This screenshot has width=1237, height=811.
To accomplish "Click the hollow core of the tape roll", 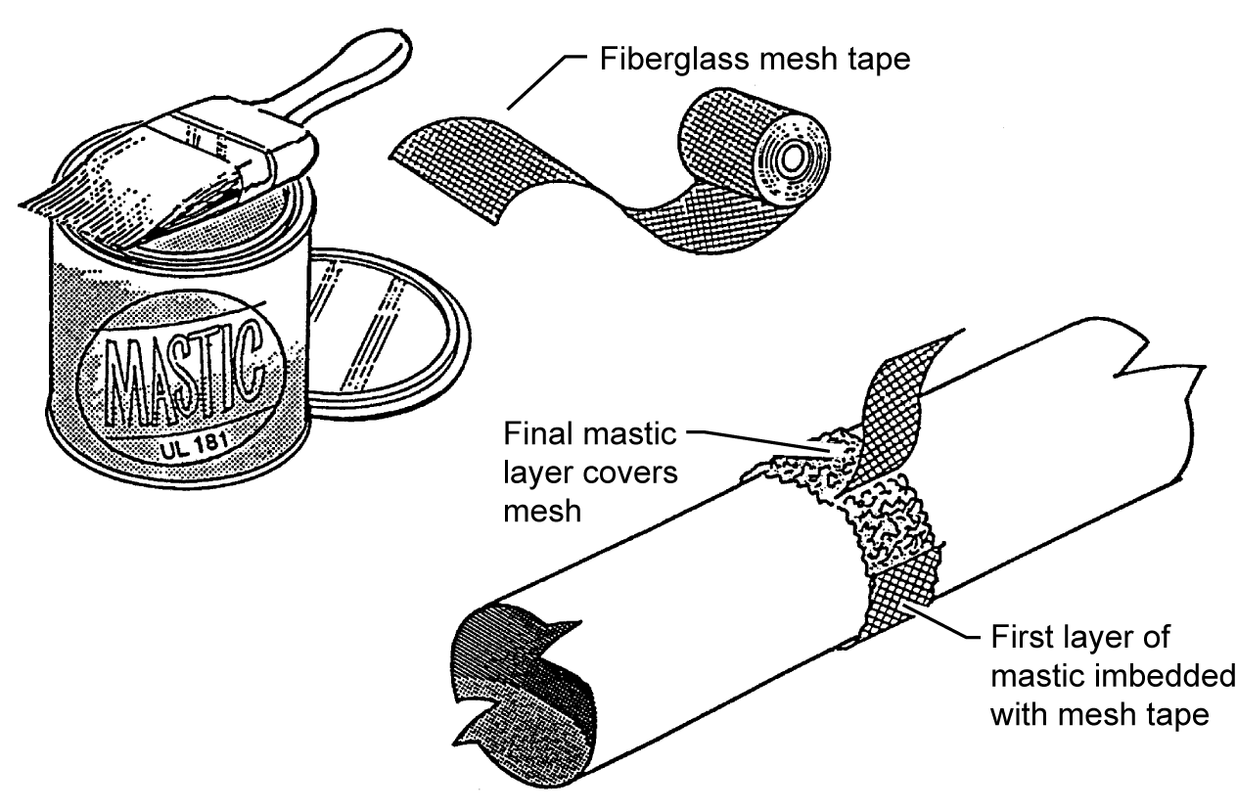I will click(x=790, y=158).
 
